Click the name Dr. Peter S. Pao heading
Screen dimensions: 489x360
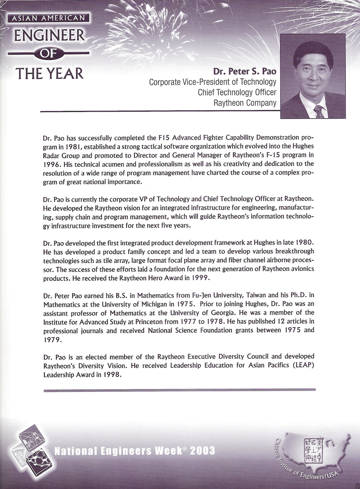coord(244,72)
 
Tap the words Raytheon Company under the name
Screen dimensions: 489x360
coord(244,103)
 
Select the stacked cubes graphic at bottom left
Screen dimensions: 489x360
coord(29,448)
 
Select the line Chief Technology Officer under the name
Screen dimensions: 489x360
coord(237,92)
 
